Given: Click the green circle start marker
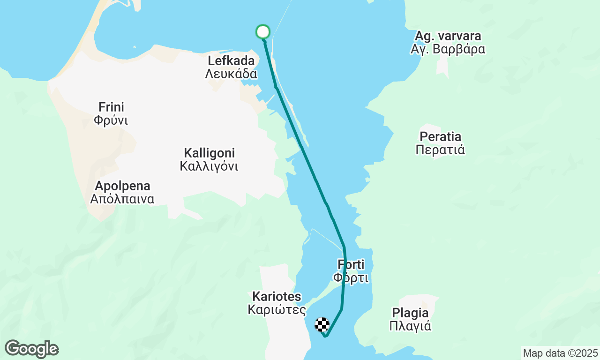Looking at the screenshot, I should (263, 32).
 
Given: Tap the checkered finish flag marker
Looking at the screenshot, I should (322, 325).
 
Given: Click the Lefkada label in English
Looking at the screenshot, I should (231, 60).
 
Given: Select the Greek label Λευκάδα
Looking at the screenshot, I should (231, 74).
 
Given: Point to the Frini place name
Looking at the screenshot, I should (111, 107).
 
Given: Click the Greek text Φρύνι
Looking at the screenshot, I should (111, 120).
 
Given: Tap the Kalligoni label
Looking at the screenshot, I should (209, 153).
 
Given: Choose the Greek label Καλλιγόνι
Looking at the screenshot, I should (209, 166).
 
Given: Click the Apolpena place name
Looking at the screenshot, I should (122, 186).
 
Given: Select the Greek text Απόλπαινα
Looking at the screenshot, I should (122, 199).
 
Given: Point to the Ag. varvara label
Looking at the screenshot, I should (448, 36).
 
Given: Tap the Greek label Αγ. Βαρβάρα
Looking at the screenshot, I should (448, 49).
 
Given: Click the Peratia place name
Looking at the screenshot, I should (441, 137).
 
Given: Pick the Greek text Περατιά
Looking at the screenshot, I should (441, 150).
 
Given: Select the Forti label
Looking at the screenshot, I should (351, 265).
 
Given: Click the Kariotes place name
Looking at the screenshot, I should (277, 297).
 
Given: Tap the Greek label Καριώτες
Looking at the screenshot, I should (277, 310).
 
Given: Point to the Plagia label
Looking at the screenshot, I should (411, 313).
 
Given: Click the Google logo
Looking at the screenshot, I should (31, 349).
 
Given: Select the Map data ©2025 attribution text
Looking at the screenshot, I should (560, 353).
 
